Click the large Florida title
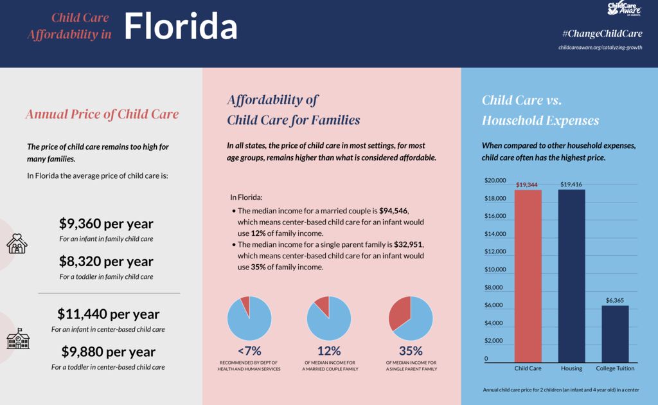[x=181, y=26]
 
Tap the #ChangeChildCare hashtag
[x=601, y=33]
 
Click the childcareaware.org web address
[x=601, y=48]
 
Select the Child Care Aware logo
[x=625, y=8]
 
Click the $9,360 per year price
[x=106, y=224]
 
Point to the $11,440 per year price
[x=108, y=314]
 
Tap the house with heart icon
[x=17, y=243]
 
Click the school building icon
[x=18, y=339]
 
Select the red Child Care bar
[x=528, y=276]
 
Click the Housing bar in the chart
[x=571, y=276]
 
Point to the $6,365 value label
[x=615, y=300]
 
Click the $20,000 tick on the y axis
[x=495, y=181]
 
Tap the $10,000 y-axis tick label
[x=495, y=269]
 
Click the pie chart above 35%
[x=411, y=318]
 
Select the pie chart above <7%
[x=249, y=318]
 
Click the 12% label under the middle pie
[x=329, y=351]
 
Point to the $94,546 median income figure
[x=394, y=211]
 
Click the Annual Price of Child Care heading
[x=102, y=114]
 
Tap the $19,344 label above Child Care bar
[x=527, y=185]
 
